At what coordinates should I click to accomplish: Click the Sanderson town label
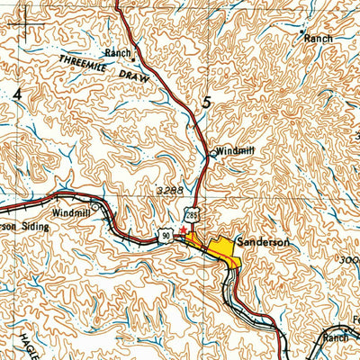click(x=267, y=242)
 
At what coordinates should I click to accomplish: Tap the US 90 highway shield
click(x=166, y=236)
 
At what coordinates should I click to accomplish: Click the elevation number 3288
click(x=169, y=192)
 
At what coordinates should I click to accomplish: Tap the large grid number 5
click(x=208, y=103)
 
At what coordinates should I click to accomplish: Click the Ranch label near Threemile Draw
click(x=117, y=52)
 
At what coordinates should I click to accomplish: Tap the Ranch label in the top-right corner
click(x=318, y=39)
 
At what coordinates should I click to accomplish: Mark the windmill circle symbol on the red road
click(x=212, y=154)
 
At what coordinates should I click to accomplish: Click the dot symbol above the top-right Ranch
click(x=301, y=31)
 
